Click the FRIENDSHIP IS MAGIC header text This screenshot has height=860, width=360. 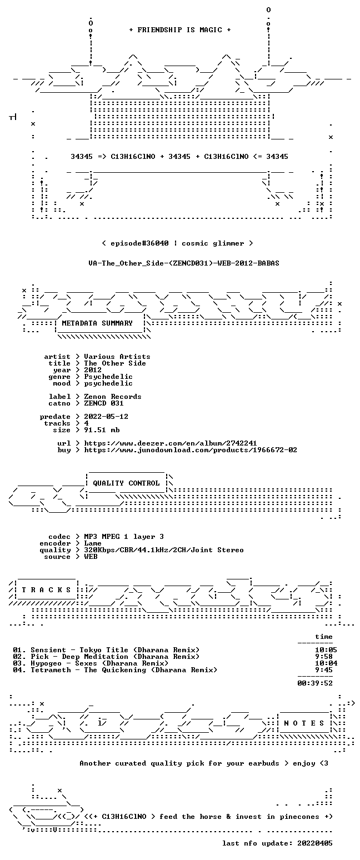click(x=180, y=30)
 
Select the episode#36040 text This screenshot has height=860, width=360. click(x=139, y=243)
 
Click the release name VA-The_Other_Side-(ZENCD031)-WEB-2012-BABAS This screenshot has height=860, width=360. click(x=184, y=263)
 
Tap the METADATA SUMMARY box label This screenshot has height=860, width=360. click(x=97, y=323)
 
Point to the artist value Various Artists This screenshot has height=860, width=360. click(x=117, y=357)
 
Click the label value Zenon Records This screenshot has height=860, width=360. click(x=112, y=397)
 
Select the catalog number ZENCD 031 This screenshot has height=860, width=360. click(x=104, y=403)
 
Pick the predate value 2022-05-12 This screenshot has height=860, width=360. click(x=106, y=417)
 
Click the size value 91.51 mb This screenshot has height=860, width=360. click(x=102, y=430)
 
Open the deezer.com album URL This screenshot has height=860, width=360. click(x=171, y=443)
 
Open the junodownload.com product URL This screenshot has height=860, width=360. click(x=191, y=450)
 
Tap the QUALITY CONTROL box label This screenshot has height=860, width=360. click(x=126, y=483)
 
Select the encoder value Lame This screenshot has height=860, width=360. click(x=92, y=543)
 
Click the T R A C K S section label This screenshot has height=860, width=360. click(x=47, y=589)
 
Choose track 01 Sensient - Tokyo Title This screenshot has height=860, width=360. click(x=106, y=650)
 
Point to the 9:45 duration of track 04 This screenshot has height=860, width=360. click(x=323, y=670)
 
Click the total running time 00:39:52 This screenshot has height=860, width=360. click(x=314, y=683)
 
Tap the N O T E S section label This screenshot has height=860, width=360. click(x=304, y=723)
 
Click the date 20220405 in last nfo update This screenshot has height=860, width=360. click(x=314, y=843)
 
